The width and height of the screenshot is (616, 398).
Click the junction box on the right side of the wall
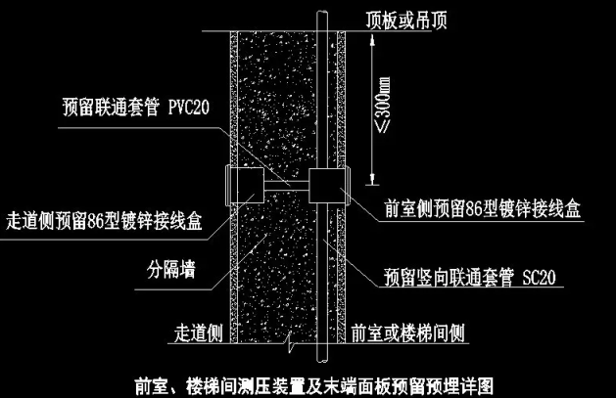(x=326, y=184)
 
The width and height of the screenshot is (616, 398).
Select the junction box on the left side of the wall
(x=244, y=184)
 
